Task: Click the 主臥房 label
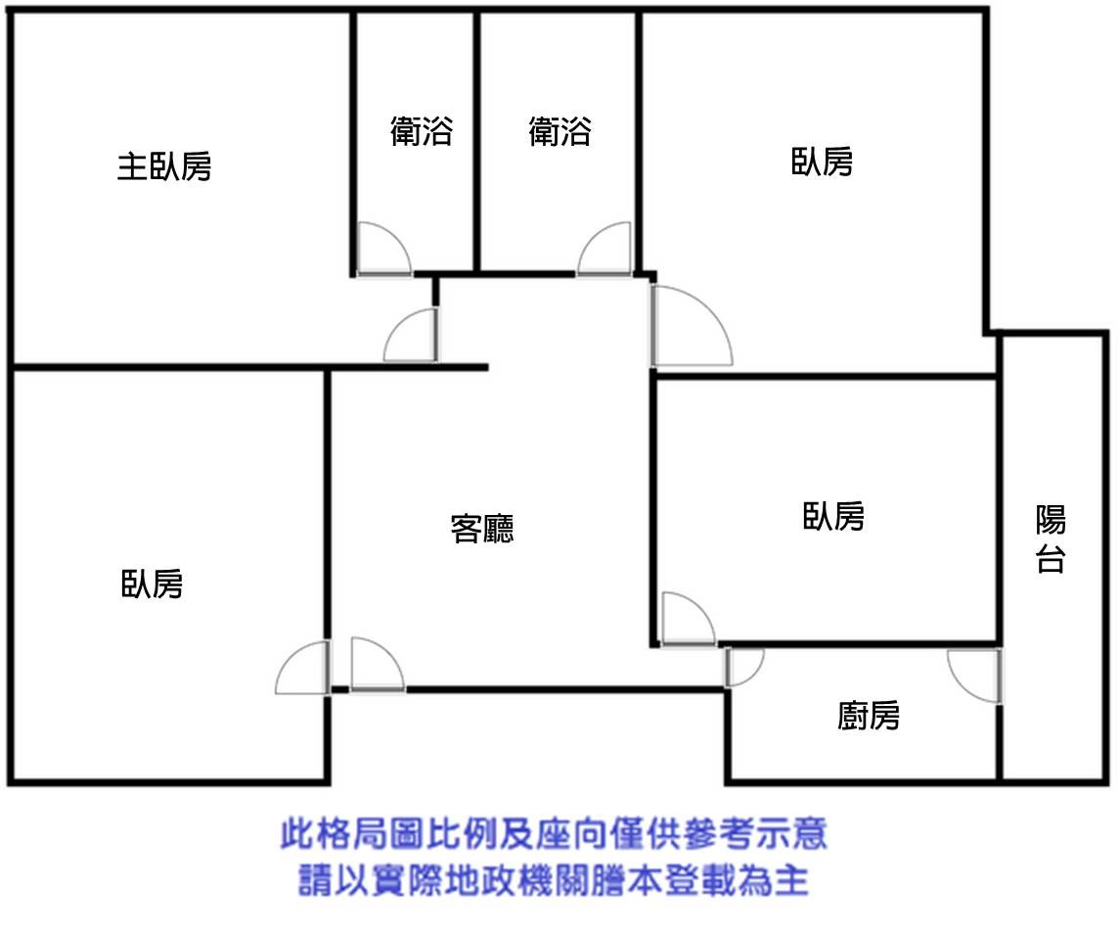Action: (164, 166)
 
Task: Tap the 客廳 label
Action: (482, 529)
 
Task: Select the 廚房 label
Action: (869, 717)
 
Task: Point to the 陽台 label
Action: (1051, 538)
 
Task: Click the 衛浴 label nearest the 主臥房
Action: (422, 131)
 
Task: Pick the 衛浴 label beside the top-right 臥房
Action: (560, 131)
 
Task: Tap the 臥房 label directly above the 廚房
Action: (833, 516)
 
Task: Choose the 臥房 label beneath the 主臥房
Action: (152, 584)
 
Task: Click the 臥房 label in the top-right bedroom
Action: (822, 162)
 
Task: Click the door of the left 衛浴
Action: (382, 251)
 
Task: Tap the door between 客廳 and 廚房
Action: (741, 667)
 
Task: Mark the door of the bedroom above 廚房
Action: (688, 620)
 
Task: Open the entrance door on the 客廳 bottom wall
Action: (377, 666)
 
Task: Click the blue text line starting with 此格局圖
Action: (554, 835)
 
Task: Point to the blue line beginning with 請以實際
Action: (554, 881)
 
